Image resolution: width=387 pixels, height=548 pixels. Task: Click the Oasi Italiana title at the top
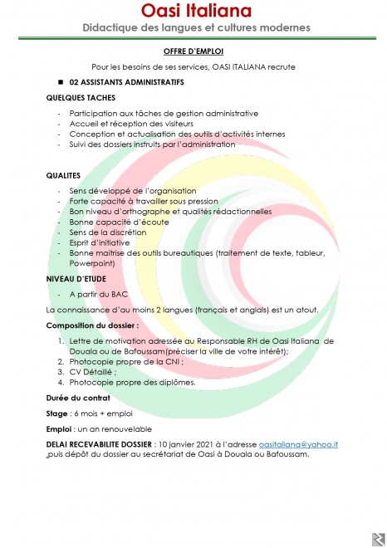(x=193, y=11)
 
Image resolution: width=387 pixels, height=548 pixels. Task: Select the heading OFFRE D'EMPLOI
(x=193, y=52)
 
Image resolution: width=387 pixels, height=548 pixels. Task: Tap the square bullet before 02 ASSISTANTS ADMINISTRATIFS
(x=61, y=83)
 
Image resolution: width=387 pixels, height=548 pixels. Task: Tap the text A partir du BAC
(x=98, y=293)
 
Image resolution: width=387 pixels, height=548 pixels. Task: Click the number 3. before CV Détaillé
(x=61, y=372)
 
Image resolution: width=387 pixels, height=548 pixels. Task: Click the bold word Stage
(x=56, y=413)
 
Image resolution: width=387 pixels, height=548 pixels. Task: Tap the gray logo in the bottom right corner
(x=378, y=539)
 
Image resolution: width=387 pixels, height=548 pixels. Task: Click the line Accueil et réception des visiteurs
(x=124, y=123)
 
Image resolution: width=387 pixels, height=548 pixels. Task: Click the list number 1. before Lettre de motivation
(x=61, y=340)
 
